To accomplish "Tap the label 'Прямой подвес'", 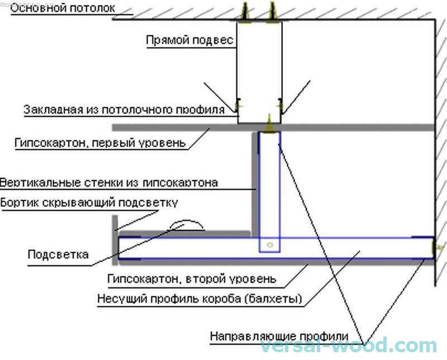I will coord(189,41).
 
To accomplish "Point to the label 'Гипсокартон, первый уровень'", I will coord(99,143).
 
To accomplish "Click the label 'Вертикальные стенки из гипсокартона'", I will coord(109,183).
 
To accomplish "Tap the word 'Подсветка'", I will coord(58,255).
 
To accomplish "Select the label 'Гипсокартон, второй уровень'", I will coord(191,278).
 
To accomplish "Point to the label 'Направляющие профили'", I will coord(279,337).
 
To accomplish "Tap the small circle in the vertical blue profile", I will coord(270,245).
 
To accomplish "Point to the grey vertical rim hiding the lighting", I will coord(115,240).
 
